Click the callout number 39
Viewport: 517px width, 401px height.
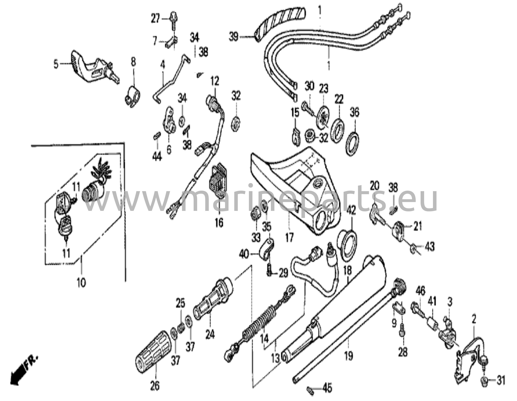(234, 37)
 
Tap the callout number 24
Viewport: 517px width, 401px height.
(210, 335)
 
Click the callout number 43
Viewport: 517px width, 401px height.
(430, 246)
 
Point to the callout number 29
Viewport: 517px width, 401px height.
(283, 273)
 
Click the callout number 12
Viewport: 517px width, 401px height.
(215, 81)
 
